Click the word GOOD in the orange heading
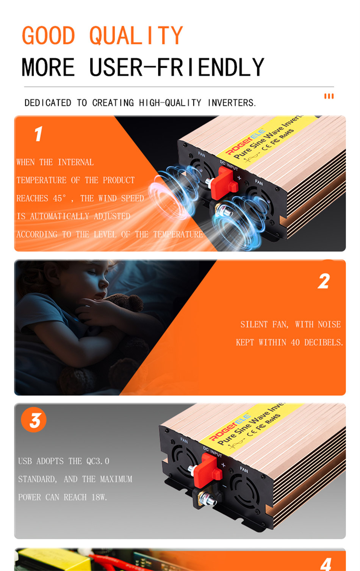coord(49,35)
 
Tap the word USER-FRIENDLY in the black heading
coord(177,67)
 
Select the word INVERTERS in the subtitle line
coord(231,103)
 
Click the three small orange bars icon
coord(329,96)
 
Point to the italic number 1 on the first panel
coord(39,133)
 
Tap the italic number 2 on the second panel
coord(324,281)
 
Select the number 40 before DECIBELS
coord(295,342)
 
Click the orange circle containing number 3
coord(34,420)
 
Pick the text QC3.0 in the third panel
coord(98,461)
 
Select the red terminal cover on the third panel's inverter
coord(208,471)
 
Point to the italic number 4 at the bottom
coord(327,564)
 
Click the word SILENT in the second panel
coord(254,324)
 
